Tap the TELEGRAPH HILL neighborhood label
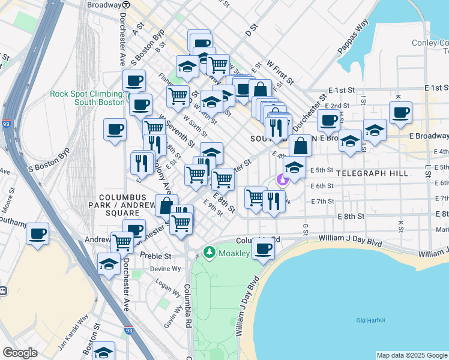(x=372, y=173)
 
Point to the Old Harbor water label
(x=370, y=320)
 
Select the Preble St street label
(x=155, y=255)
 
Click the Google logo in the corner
(x=20, y=353)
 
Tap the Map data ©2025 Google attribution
(x=412, y=355)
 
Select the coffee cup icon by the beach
(x=262, y=248)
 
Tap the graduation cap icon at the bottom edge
(x=104, y=352)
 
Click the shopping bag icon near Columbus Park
(x=166, y=205)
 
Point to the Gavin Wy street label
(x=173, y=316)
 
